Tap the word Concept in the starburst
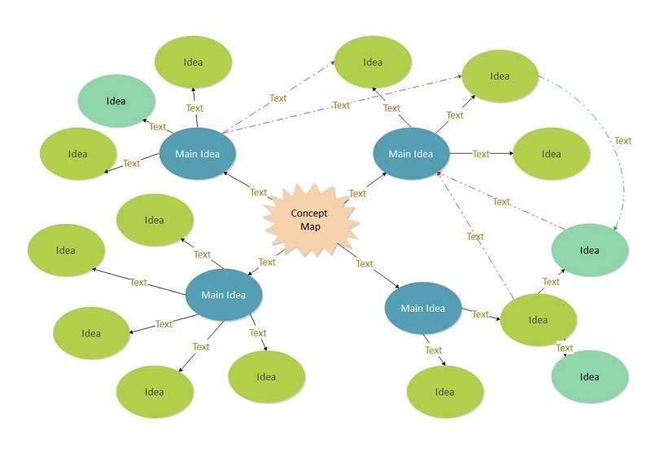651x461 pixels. (309, 213)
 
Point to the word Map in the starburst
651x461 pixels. (310, 226)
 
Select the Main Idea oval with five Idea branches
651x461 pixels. (224, 295)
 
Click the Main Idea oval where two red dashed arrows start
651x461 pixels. (197, 153)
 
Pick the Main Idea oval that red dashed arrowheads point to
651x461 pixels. (411, 154)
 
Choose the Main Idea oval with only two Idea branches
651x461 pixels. (423, 309)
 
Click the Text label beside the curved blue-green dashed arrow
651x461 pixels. (623, 141)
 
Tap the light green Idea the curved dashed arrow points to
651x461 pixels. (589, 250)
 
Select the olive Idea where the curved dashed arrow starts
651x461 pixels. (500, 77)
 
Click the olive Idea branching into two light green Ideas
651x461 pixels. (538, 320)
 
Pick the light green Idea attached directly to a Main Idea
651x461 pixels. (116, 100)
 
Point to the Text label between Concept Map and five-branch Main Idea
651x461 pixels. (267, 262)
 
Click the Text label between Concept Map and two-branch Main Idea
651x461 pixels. (365, 264)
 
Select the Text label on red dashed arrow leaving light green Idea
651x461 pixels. (501, 202)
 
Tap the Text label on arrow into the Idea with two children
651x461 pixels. (480, 314)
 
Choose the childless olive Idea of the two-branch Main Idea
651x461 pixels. (444, 392)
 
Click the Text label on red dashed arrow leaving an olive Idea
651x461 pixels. (475, 237)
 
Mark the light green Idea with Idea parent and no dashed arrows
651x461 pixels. (589, 376)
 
